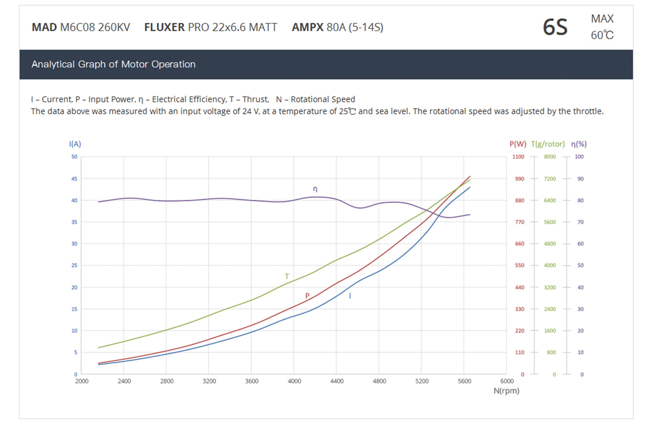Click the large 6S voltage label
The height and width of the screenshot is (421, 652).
[x=555, y=27]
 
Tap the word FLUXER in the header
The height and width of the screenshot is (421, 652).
[x=164, y=27]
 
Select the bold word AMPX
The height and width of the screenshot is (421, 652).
[x=307, y=27]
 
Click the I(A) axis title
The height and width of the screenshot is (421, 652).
[x=75, y=144]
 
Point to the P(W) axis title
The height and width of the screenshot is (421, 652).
[x=518, y=144]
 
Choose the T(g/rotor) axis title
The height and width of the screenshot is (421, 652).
[x=548, y=144]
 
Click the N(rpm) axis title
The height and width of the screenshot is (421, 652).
[x=506, y=391]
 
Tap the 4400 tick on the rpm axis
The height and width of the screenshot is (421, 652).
[x=336, y=381]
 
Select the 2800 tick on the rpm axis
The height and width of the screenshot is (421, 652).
[x=166, y=381]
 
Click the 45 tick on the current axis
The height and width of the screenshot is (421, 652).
[x=74, y=179]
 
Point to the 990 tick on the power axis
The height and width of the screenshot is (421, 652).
[x=520, y=179]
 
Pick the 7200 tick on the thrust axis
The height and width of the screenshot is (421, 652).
[x=550, y=179]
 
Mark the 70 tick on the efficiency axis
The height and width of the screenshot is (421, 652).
[x=581, y=222]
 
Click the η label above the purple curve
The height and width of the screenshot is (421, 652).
[x=315, y=189]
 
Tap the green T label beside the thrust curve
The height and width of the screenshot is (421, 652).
[x=287, y=276]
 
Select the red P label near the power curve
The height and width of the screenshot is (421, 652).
[x=307, y=295]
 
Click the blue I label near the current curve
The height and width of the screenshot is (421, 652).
[x=350, y=295]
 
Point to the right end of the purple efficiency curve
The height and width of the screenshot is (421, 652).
[x=470, y=215]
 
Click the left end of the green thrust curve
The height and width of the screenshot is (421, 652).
[x=99, y=348]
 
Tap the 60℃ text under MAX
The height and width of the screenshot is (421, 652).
[x=602, y=35]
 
